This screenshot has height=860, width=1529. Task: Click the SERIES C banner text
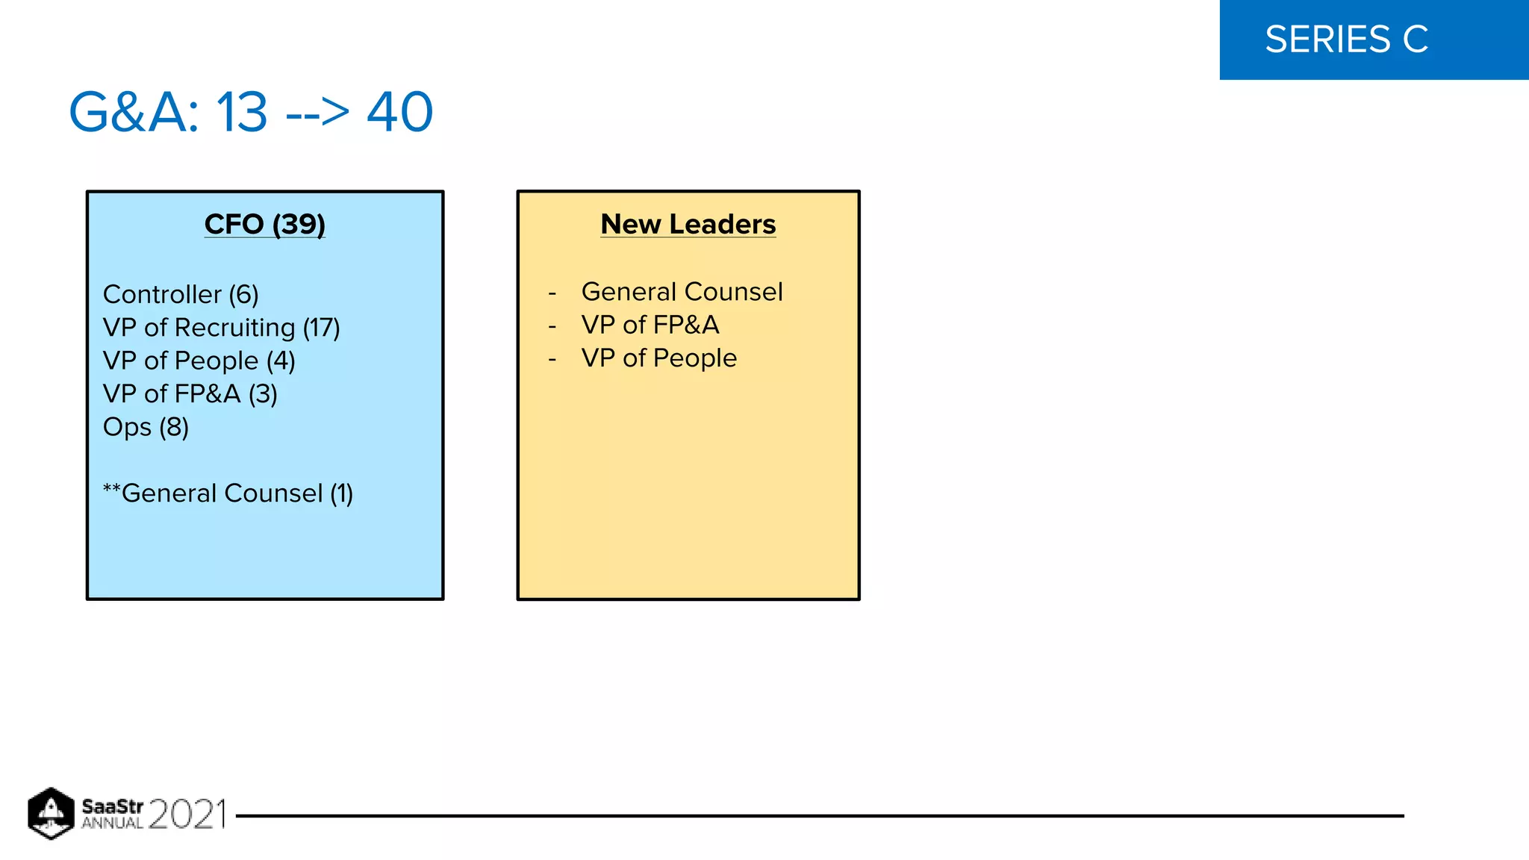[x=1346, y=40]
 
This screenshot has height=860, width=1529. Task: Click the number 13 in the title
[x=242, y=113]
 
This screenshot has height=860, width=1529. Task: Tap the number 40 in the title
[x=399, y=113]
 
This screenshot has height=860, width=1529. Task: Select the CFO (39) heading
[x=264, y=224]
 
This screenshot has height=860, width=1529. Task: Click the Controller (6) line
[x=181, y=295]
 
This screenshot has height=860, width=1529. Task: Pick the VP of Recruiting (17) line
[x=221, y=328]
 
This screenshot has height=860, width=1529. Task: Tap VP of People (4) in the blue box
[x=199, y=361]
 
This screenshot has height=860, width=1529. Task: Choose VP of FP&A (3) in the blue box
[x=190, y=394]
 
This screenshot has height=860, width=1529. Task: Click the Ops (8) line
[x=146, y=427]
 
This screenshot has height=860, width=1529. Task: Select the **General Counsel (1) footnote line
[x=228, y=493]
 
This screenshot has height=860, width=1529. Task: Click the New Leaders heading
[x=688, y=224]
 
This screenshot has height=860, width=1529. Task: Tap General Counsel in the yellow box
[x=682, y=292]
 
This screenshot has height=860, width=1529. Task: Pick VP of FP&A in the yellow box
[x=650, y=325]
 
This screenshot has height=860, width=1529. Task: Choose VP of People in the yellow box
[x=658, y=358]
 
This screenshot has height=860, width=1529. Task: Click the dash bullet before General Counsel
[x=552, y=293]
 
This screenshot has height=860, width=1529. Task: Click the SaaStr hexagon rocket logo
[x=51, y=813]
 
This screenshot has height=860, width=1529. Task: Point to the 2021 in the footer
[x=187, y=814]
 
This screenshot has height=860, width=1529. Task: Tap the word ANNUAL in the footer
[x=112, y=823]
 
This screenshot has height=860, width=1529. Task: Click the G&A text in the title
[x=134, y=113]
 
